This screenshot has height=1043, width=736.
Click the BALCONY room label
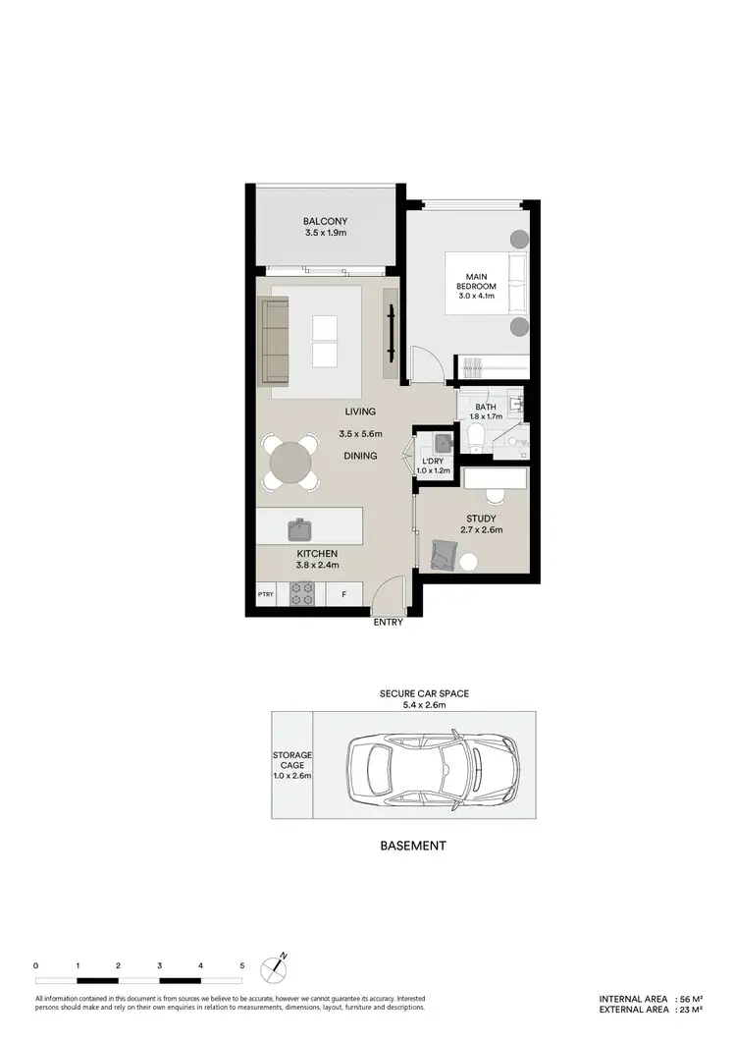click(325, 222)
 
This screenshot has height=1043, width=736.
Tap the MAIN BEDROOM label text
click(478, 283)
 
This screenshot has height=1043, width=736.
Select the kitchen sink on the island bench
click(299, 530)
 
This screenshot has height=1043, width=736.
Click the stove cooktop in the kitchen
click(301, 594)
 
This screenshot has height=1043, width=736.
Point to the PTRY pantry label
click(265, 594)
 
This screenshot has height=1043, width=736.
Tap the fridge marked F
click(343, 594)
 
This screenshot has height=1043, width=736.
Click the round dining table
click(290, 462)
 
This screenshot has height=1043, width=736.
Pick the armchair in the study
click(442, 555)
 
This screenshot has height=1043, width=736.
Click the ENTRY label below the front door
click(388, 622)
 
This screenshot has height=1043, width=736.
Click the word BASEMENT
click(412, 846)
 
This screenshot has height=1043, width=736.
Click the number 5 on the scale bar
click(241, 966)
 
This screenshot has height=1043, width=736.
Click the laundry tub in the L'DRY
click(440, 442)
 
